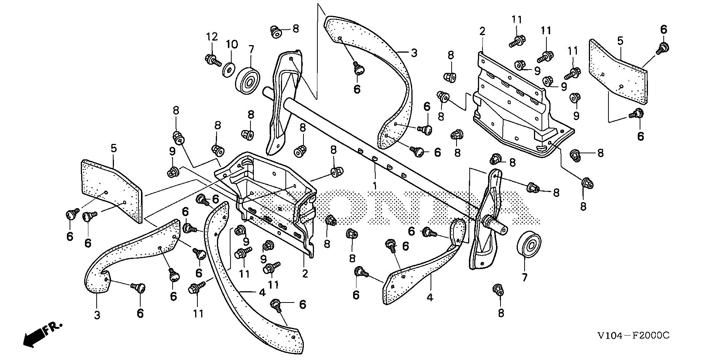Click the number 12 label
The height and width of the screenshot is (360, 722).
click(212, 37)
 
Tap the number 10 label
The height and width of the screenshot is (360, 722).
click(232, 45)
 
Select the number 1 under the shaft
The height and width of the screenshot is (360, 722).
click(375, 186)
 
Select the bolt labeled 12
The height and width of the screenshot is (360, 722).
click(212, 60)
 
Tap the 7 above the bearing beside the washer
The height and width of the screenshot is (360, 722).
click(251, 49)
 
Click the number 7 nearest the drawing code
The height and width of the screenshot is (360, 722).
click(524, 278)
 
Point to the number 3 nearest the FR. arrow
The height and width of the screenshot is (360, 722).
click(97, 315)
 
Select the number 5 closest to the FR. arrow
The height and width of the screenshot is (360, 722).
click(114, 148)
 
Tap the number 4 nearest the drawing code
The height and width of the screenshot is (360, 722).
click(430, 297)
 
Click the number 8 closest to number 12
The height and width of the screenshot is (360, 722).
click(296, 29)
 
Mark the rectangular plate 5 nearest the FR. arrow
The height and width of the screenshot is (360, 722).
click(112, 190)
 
